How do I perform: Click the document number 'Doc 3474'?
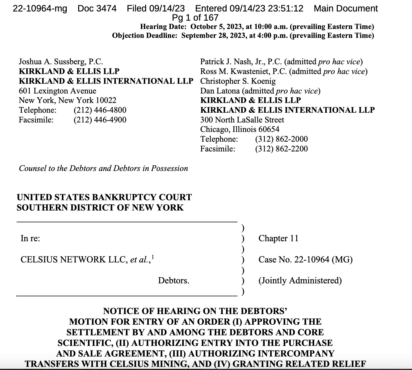(x=97, y=8)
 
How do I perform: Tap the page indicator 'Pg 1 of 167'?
(x=195, y=18)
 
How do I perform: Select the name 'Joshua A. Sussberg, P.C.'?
(x=61, y=62)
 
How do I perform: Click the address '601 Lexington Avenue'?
(x=57, y=91)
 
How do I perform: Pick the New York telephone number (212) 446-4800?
(x=100, y=110)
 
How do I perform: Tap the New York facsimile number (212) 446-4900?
(x=100, y=120)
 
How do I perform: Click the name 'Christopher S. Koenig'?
(x=238, y=81)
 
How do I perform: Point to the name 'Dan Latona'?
(x=220, y=91)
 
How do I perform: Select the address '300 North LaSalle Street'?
(x=242, y=120)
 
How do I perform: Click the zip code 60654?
(x=269, y=129)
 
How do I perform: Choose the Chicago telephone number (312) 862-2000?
(x=281, y=139)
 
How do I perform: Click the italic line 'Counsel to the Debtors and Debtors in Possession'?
(x=103, y=168)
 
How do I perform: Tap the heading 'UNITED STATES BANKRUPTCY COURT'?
(x=104, y=197)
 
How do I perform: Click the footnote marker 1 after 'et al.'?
(x=153, y=257)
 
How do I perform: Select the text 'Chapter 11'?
(x=278, y=238)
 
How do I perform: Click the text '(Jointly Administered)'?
(x=300, y=281)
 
